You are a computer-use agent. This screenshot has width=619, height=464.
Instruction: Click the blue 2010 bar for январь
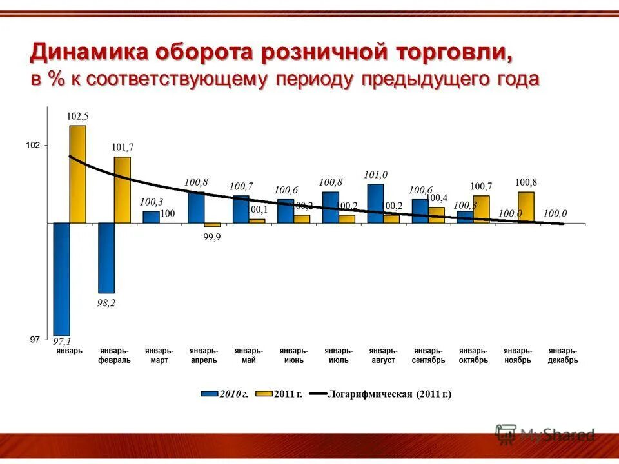point(62,278)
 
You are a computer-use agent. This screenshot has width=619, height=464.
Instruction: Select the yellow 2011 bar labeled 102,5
point(77,174)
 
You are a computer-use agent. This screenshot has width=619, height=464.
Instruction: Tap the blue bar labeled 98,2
point(106,258)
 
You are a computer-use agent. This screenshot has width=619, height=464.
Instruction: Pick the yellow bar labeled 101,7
point(122,189)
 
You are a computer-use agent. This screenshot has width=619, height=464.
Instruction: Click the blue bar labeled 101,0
point(375,203)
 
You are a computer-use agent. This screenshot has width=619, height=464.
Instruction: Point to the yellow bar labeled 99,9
point(212,225)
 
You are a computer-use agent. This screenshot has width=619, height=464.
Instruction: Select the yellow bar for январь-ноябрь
point(526,207)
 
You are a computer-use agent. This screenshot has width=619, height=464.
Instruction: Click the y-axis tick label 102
point(33,146)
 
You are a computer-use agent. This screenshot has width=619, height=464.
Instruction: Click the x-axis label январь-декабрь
point(563,355)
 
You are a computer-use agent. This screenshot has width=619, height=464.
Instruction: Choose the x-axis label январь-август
point(383,355)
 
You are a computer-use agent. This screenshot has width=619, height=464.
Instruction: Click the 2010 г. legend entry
point(226,393)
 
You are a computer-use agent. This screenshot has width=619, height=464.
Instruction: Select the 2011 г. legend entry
point(280,393)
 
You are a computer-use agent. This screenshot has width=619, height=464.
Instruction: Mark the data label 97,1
point(62,341)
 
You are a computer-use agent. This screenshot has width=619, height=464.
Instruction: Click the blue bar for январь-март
point(151,217)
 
